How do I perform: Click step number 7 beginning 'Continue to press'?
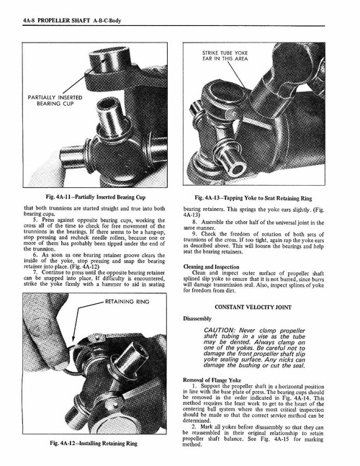point(27,274)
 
